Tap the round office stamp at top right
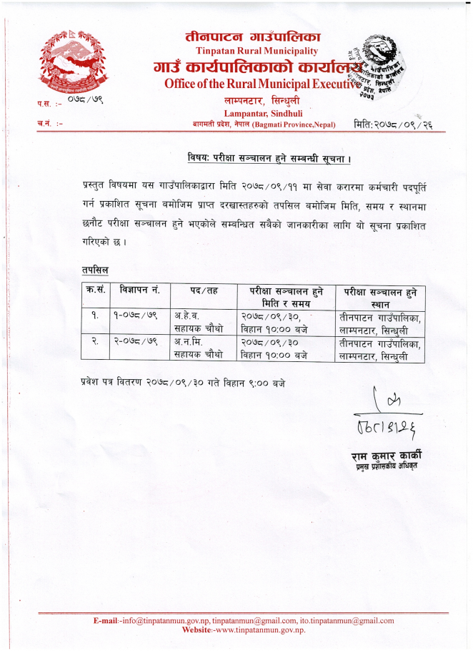click(x=378, y=69)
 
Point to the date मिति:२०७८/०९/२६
click(x=394, y=125)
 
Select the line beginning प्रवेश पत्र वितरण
click(x=183, y=383)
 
